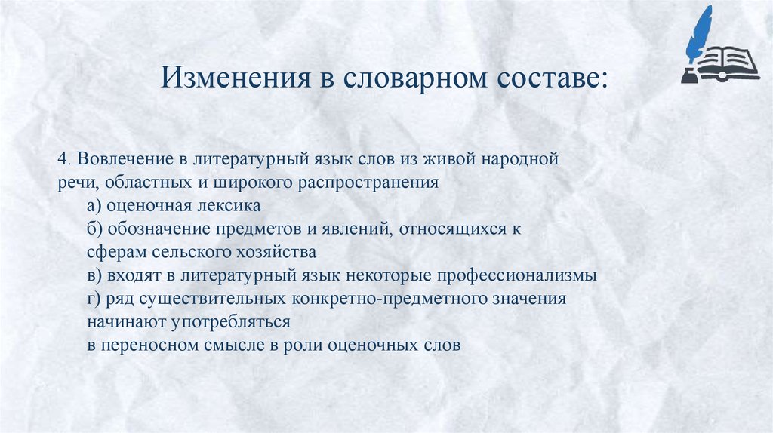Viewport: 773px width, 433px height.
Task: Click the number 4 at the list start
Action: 61,160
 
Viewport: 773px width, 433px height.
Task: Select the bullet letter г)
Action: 94,298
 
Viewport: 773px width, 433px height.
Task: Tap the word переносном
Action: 150,345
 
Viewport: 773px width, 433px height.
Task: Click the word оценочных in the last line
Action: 371,345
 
